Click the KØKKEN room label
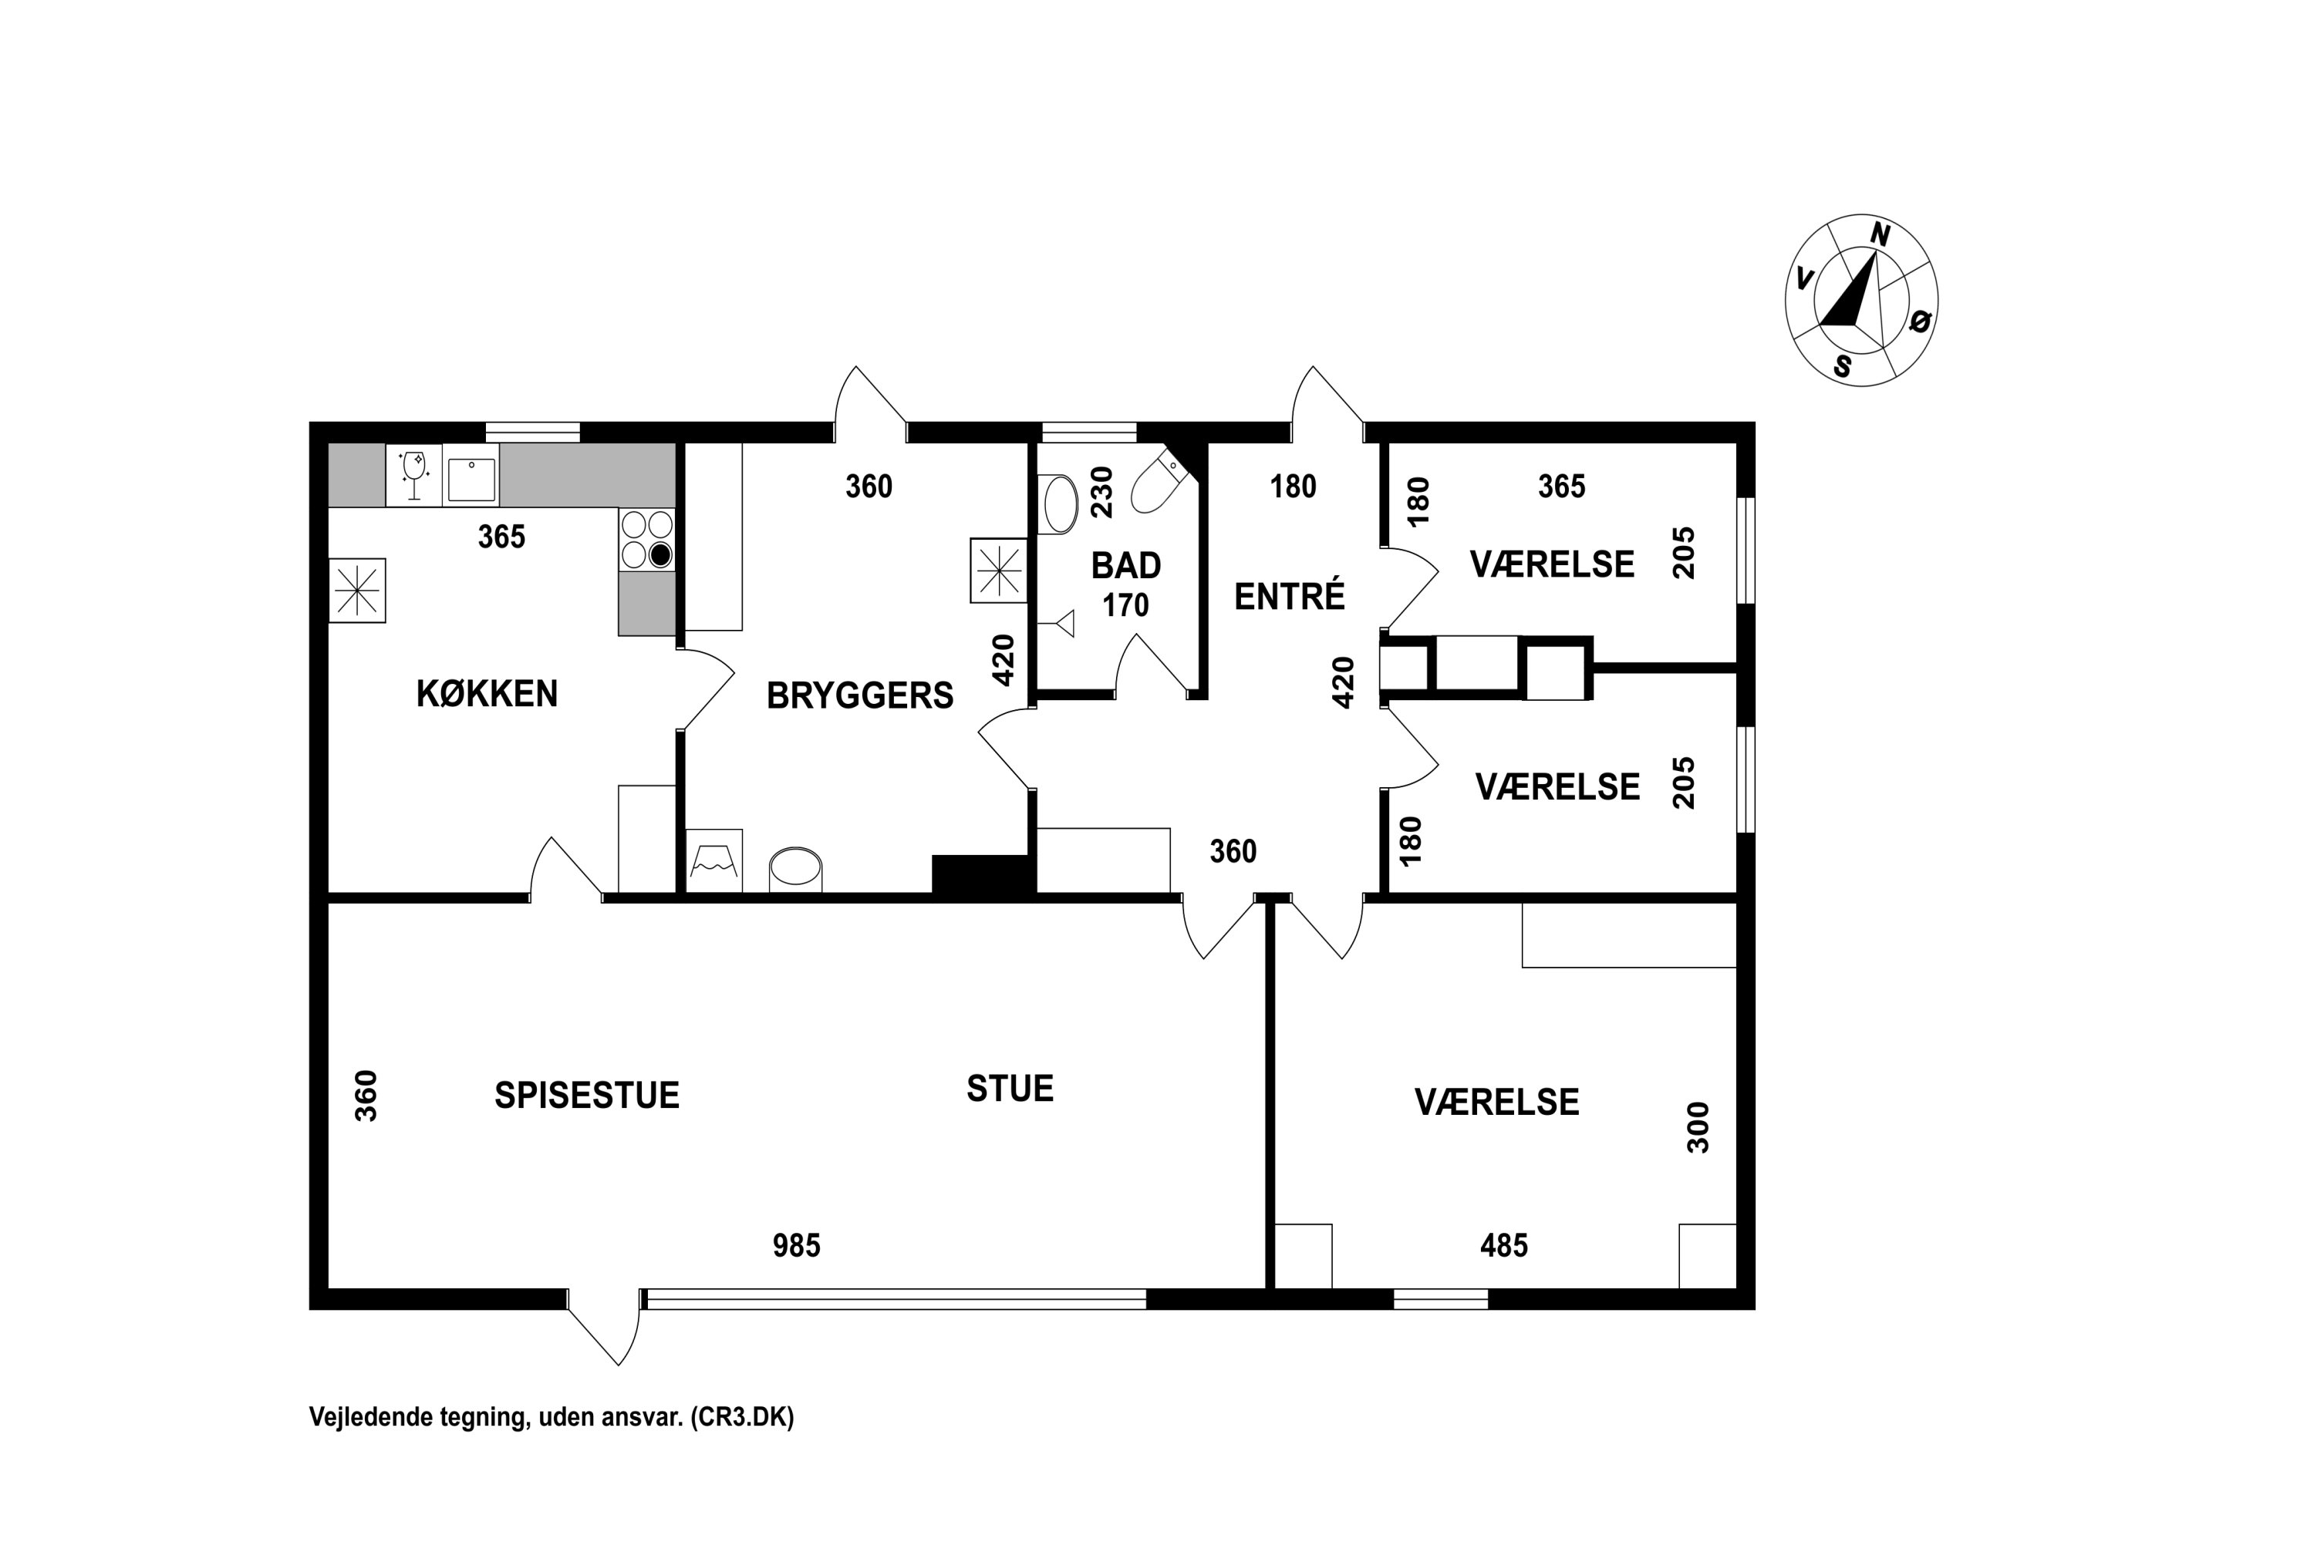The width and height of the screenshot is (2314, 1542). point(487,695)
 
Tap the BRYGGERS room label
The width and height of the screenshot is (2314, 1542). point(860,696)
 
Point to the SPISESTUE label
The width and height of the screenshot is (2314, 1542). point(586,1096)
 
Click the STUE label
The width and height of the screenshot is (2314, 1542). point(1010,1089)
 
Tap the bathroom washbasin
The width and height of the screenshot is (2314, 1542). point(1058,504)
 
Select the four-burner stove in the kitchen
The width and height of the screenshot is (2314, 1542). point(646,539)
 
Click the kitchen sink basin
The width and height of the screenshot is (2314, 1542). point(471,479)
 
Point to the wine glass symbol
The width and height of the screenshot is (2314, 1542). point(414,475)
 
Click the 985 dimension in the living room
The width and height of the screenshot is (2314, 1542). point(796,1247)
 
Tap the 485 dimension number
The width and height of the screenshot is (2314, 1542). point(1503,1247)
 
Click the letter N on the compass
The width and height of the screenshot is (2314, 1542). point(1881,235)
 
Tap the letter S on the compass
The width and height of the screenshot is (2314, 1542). point(1843,365)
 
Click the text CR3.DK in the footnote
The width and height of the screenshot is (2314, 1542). point(740,1417)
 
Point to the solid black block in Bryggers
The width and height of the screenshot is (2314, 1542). point(983,874)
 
